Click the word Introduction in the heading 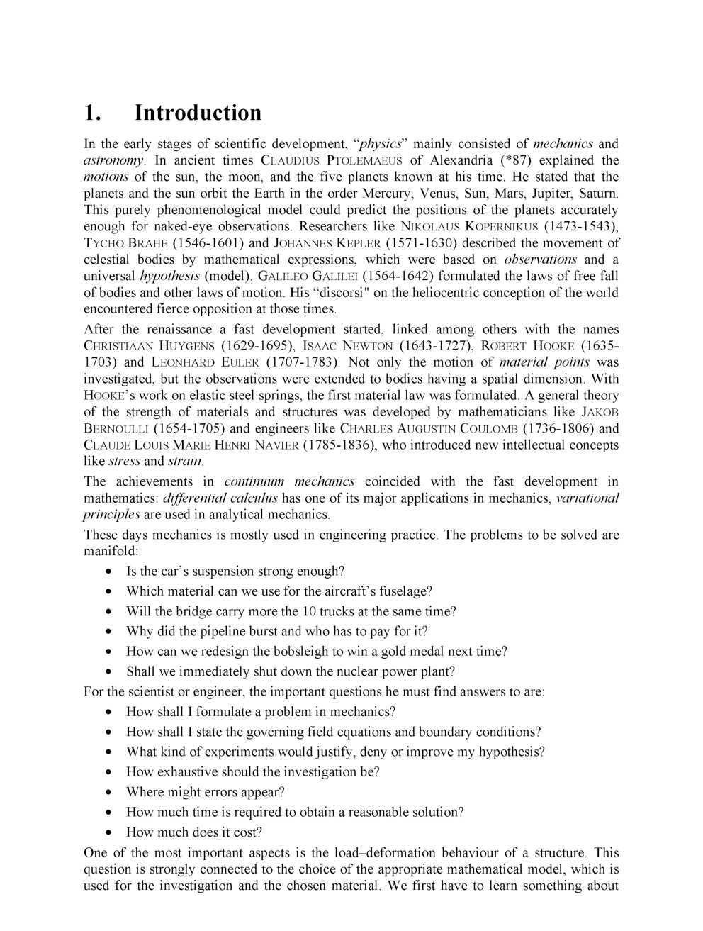[198, 113]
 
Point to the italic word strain [186, 462]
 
